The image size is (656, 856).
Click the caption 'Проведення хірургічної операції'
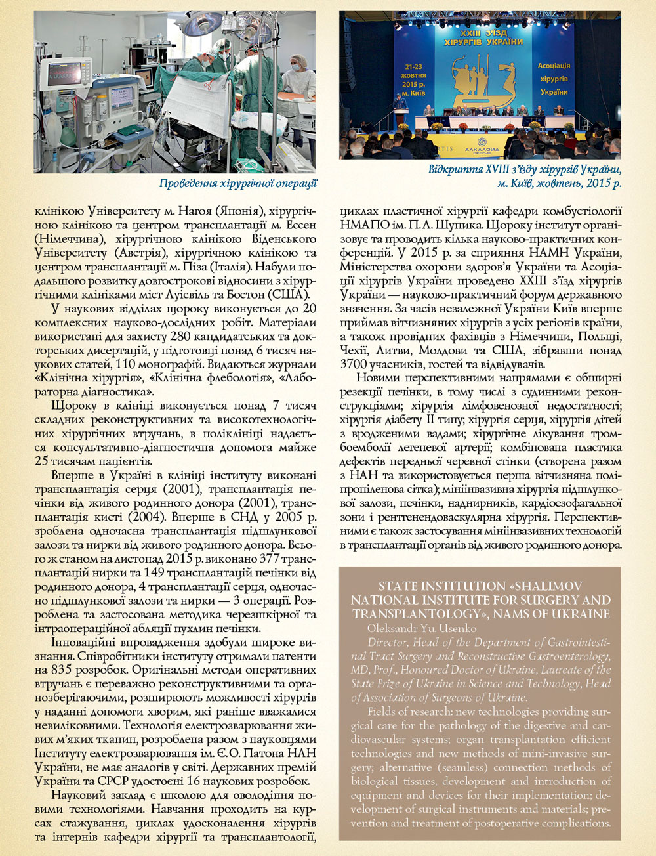238,184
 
